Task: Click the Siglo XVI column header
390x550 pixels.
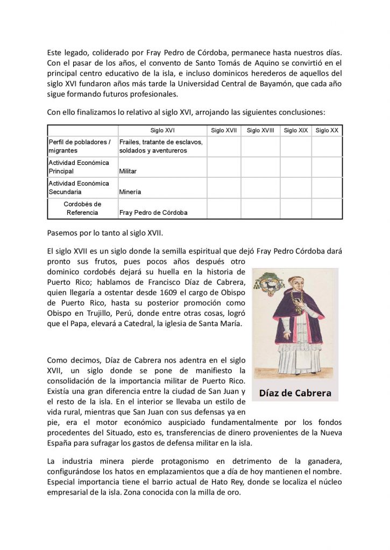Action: click(x=162, y=131)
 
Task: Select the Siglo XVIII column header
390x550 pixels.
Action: click(x=260, y=131)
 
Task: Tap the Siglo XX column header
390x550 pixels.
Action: click(x=327, y=131)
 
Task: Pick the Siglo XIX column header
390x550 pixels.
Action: click(x=296, y=131)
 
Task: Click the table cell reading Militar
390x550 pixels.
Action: click(x=128, y=171)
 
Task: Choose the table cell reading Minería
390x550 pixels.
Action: click(x=130, y=192)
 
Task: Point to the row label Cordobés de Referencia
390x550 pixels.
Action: click(x=82, y=208)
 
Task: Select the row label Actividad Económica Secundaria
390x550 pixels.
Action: click(x=79, y=187)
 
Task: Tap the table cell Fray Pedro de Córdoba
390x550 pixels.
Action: click(x=153, y=213)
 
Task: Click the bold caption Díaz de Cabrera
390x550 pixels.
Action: click(x=295, y=393)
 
